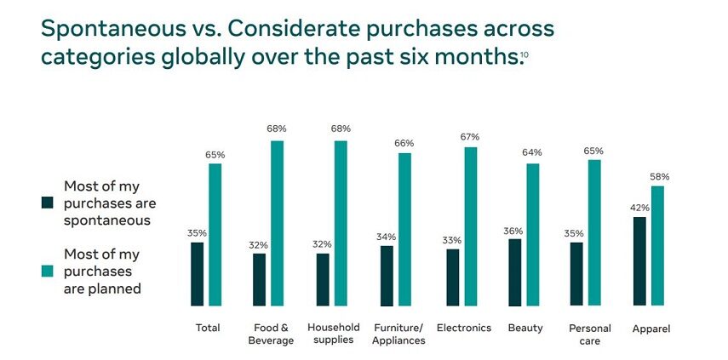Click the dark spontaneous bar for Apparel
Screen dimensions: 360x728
tap(639, 261)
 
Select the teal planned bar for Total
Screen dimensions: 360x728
tap(215, 234)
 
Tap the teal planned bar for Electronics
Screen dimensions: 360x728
tap(470, 226)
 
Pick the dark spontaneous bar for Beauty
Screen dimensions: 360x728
tap(514, 272)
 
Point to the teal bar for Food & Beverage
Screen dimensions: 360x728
tap(277, 223)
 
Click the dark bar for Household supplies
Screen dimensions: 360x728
tap(323, 279)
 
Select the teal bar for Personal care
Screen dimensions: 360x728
tap(594, 232)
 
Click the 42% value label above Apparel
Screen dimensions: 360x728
tap(640, 208)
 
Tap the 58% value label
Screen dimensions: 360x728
tap(660, 177)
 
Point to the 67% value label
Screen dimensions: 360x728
tap(470, 137)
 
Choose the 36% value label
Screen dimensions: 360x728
tap(513, 231)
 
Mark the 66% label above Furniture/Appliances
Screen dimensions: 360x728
tap(405, 144)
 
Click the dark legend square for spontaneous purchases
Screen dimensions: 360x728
tap(48, 203)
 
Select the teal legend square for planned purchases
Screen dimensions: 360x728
tap(48, 271)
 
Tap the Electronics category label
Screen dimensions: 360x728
tap(463, 328)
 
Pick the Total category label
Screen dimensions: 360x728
tap(207, 328)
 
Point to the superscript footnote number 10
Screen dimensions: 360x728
tap(524, 55)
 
